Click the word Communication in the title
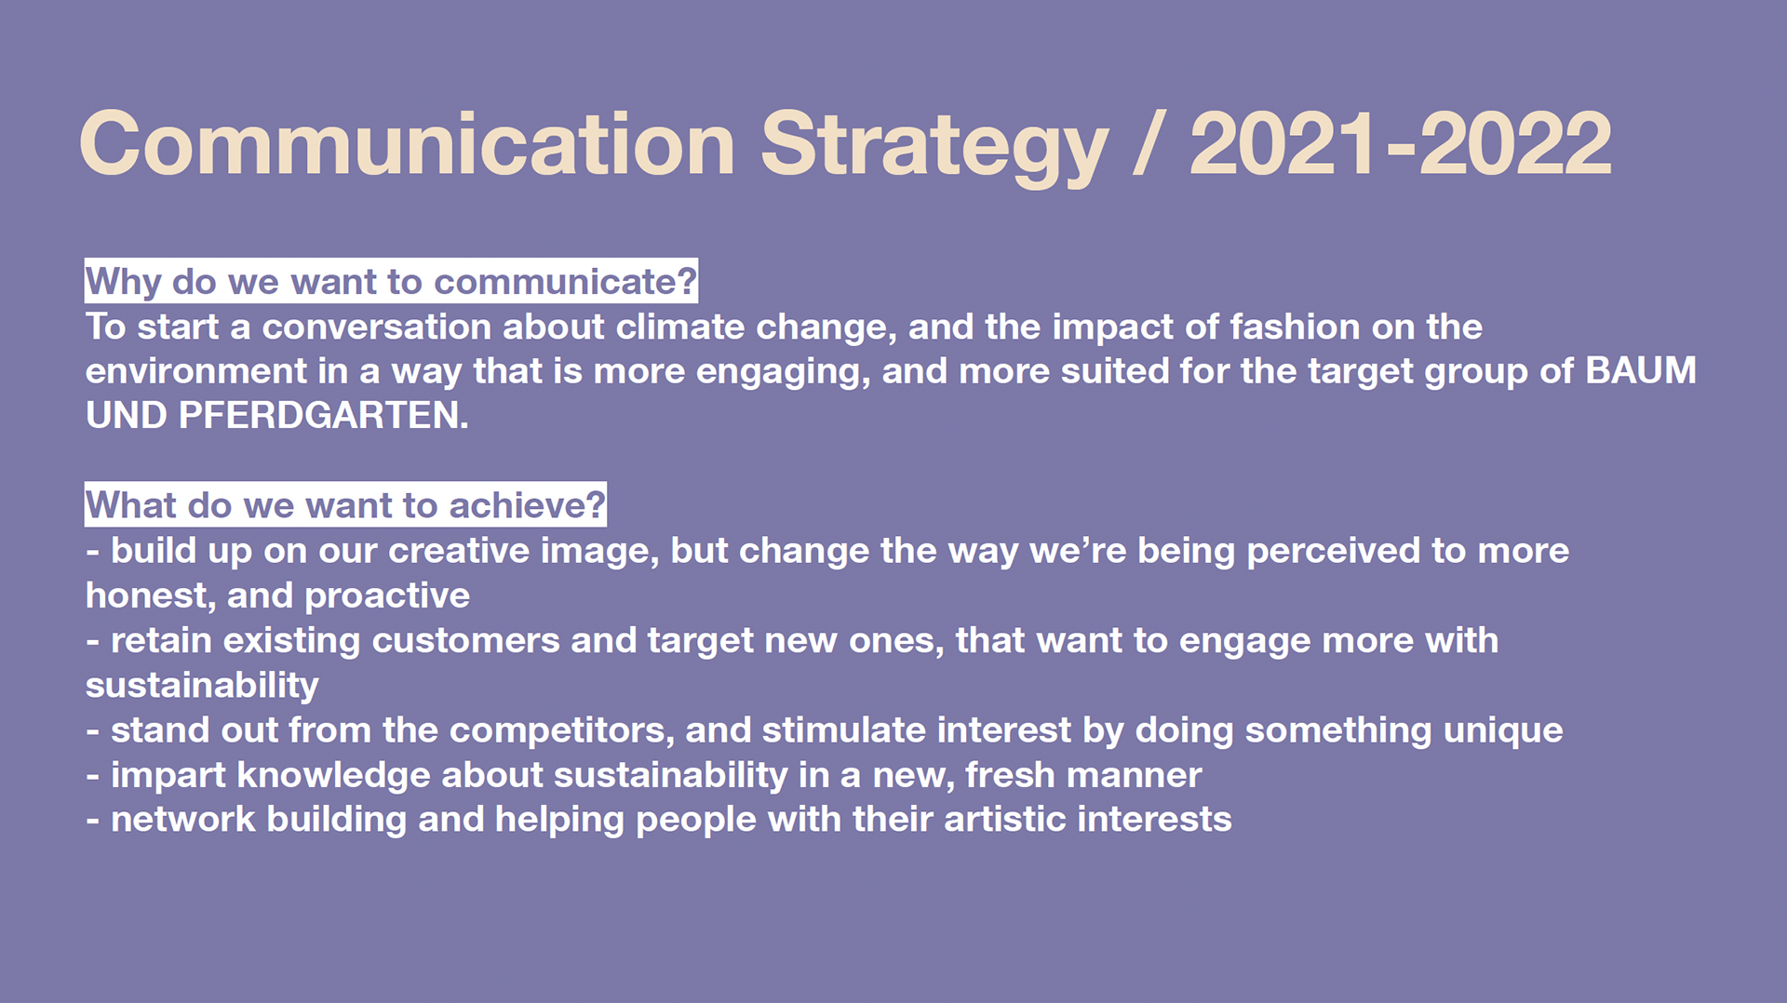point(408,143)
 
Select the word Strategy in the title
point(934,147)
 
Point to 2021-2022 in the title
point(1401,143)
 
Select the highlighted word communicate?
point(565,281)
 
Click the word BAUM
point(1641,370)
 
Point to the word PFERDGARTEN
point(323,415)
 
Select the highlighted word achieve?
point(527,505)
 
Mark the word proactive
point(387,596)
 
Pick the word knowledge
point(333,775)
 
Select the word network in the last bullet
point(182,820)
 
